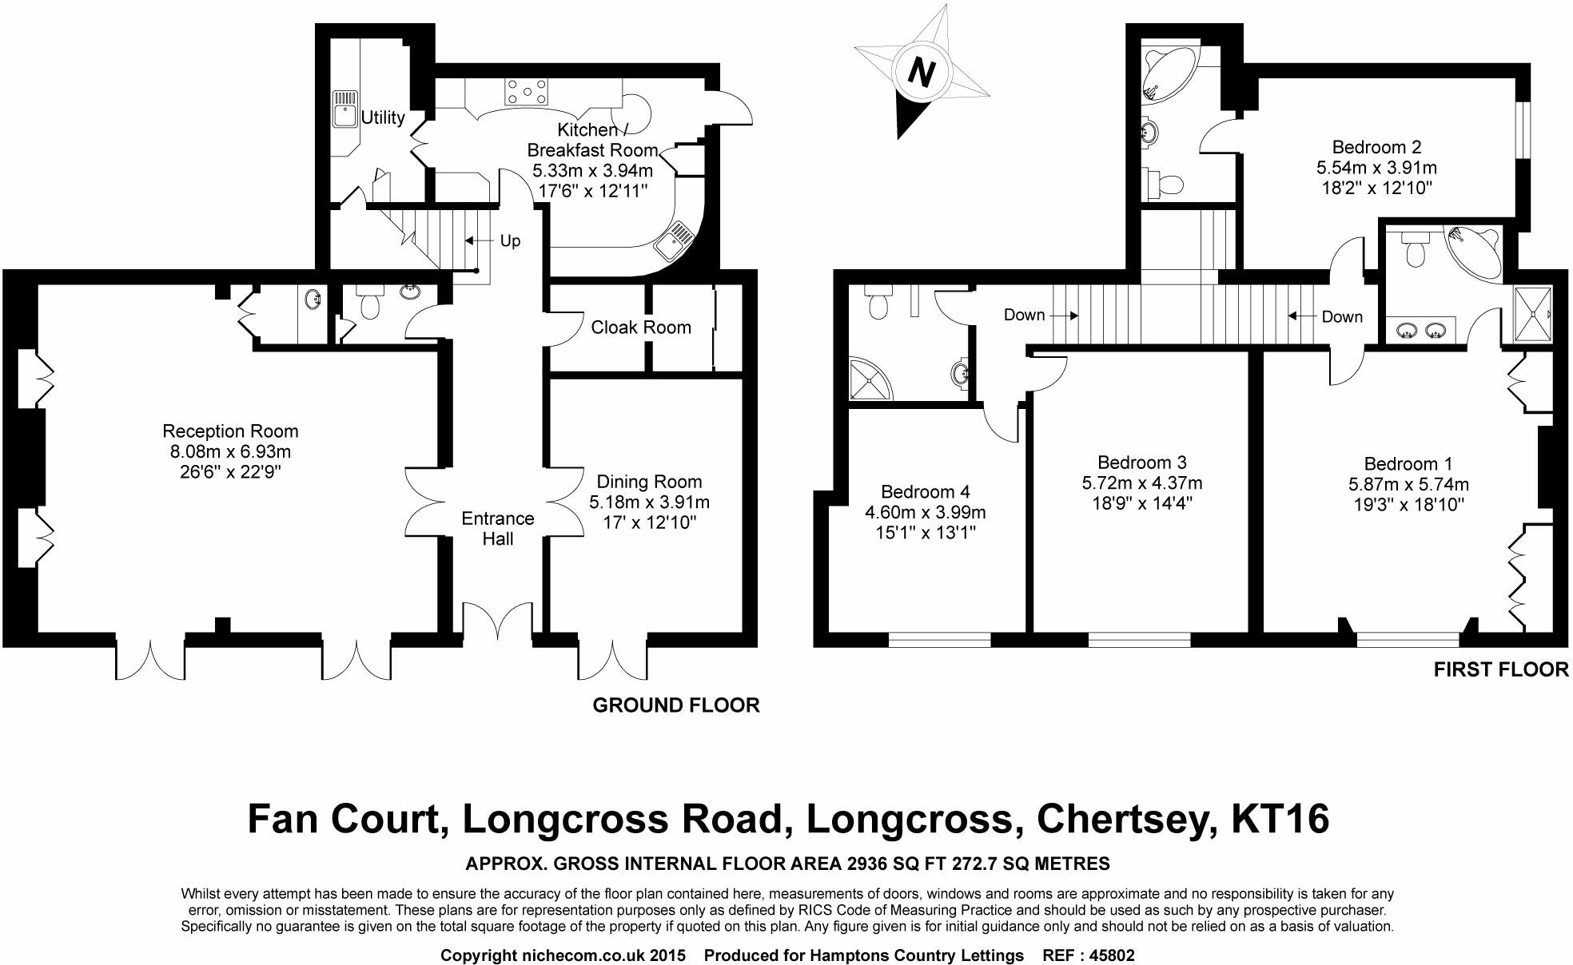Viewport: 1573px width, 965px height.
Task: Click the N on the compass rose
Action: pos(922,73)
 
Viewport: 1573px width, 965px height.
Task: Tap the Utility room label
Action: pos(383,118)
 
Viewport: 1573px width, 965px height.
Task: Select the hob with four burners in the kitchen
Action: pos(527,92)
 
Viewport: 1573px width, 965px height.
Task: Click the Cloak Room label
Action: pos(641,327)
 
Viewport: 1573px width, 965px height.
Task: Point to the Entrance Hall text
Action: pos(497,528)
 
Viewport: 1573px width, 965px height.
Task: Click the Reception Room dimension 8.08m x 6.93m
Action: pos(230,451)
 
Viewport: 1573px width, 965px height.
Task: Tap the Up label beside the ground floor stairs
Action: pos(510,240)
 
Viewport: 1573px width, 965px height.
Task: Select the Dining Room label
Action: pos(649,482)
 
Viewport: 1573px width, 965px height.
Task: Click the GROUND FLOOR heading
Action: pos(675,705)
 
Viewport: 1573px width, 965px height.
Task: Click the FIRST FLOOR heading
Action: pos(1500,669)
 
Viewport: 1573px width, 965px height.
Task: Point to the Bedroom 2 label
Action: pos(1376,147)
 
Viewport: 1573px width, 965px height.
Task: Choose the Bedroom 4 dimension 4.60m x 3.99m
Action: pos(925,512)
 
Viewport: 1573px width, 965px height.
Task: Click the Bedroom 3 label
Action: pos(1141,463)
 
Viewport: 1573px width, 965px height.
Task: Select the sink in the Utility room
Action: pos(344,109)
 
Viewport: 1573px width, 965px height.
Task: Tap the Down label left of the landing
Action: pos(1024,315)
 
